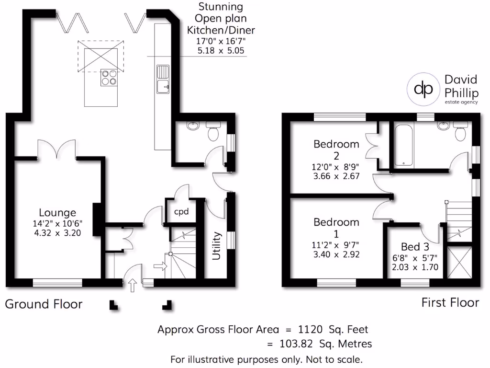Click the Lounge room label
57,212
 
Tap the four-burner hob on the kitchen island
109,78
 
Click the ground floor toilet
213,131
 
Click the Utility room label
217,246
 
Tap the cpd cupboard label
181,211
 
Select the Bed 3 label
415,247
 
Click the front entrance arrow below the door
133,286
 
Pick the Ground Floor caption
44,304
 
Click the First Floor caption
450,302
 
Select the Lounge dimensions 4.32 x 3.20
57,233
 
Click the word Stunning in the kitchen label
221,8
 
